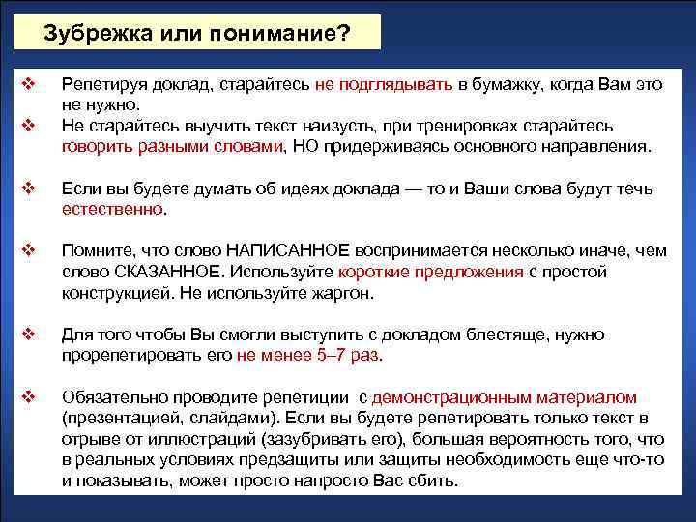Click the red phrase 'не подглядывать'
coord(384,84)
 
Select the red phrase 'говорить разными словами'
coord(172,147)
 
